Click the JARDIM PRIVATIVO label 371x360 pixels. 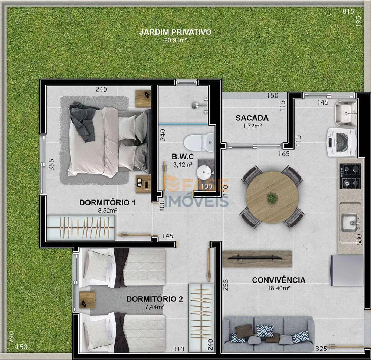pos(175,32)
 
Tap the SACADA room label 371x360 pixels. pos(252,118)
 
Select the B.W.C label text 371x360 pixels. pos(183,157)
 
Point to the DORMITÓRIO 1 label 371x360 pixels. pos(107,203)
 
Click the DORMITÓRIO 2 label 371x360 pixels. pos(154,299)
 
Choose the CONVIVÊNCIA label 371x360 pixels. pos(279,280)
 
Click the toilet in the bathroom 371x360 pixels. pos(199,142)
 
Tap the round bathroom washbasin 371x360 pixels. pos(204,172)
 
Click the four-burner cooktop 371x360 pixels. pos(351,176)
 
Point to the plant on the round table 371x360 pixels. pos(273,197)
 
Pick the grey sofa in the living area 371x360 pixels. pos(268,334)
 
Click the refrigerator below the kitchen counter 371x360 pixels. pos(347,270)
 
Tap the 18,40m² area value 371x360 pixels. pos(279,288)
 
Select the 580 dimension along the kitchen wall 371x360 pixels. pos(359,240)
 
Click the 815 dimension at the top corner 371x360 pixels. pos(348,11)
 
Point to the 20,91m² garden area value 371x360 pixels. pos(175,40)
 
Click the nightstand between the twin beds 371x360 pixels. pos(87,300)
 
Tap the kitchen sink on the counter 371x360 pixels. pos(349,223)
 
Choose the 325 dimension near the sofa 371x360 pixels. pos(321,349)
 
